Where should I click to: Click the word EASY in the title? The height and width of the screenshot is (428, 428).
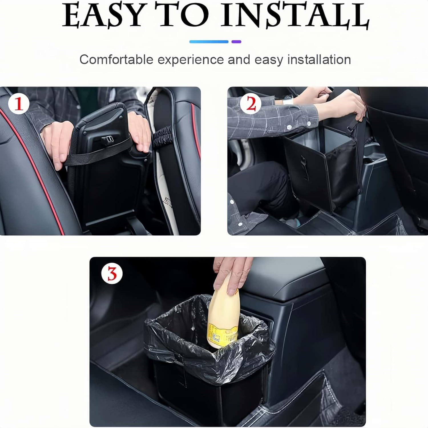click(103, 16)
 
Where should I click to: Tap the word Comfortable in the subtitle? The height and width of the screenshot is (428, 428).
click(116, 60)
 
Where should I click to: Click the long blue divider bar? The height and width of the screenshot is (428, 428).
click(209, 42)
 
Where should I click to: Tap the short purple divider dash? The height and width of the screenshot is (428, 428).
click(236, 42)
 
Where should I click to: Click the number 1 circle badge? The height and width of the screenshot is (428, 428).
click(19, 104)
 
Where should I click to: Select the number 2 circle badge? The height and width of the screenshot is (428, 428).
click(251, 104)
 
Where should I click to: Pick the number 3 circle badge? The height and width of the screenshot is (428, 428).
click(112, 274)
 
